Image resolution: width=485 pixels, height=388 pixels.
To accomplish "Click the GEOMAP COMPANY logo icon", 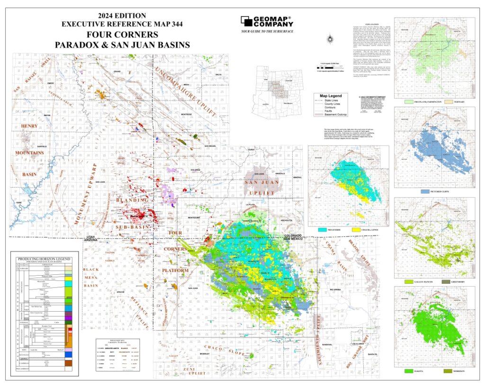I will coord(246,21).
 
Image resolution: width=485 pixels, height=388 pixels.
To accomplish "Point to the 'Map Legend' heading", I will coord(330,95).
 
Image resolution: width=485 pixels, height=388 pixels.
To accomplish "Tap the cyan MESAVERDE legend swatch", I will coord(319,229).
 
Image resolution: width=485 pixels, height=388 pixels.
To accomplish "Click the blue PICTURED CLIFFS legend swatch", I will coord(425,192).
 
